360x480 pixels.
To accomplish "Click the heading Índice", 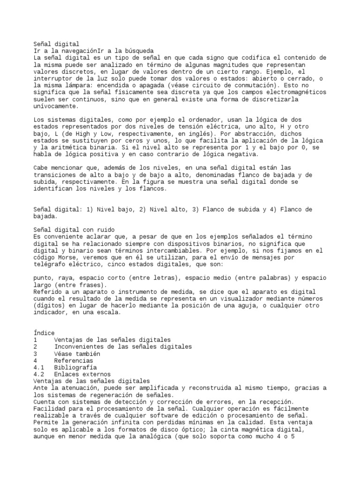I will pyautogui.click(x=45, y=333).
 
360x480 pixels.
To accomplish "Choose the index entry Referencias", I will pyautogui.click(x=74, y=361).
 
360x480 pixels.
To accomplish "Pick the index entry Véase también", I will pyautogui.click(x=77, y=354).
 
